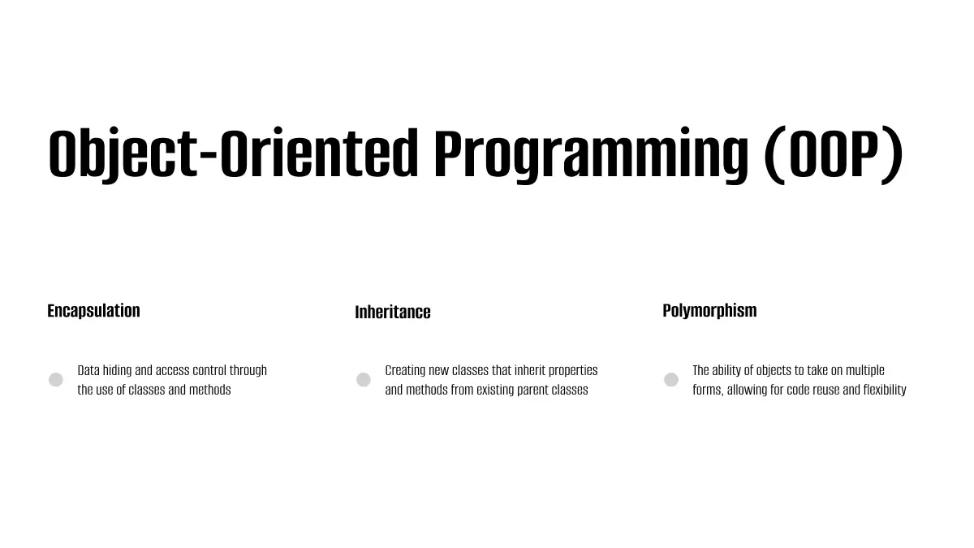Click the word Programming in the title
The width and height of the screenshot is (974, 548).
click(591, 154)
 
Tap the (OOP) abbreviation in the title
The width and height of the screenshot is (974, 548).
click(834, 154)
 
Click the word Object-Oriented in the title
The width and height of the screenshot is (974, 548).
click(234, 154)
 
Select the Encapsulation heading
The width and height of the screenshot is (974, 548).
click(93, 311)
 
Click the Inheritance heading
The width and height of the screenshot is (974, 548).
click(393, 313)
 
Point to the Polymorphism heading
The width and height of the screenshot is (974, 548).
click(709, 311)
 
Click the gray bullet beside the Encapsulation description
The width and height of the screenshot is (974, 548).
click(56, 380)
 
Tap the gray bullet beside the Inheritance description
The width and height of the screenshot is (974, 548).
click(364, 380)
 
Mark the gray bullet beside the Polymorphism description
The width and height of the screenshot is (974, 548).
click(671, 380)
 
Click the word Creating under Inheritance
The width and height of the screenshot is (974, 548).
click(405, 370)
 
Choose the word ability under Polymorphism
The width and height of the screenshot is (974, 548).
click(726, 370)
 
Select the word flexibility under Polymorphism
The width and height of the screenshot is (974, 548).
click(885, 391)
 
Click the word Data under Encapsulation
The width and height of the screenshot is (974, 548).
click(88, 370)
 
